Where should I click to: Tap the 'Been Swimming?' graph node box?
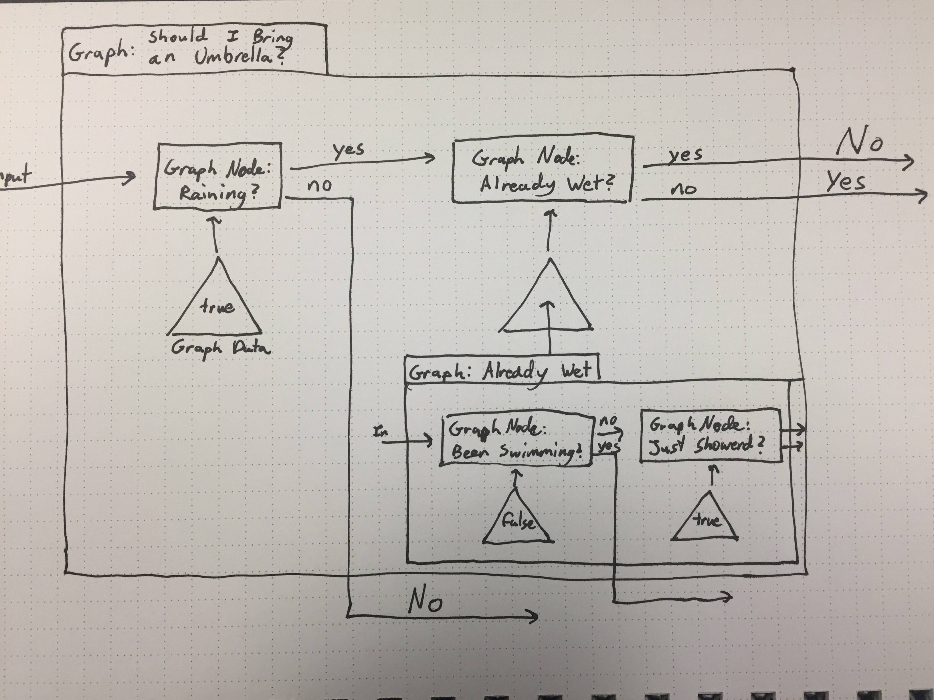pos(516,440)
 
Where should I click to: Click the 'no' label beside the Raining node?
pos(320,186)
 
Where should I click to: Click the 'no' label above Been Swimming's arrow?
pos(608,421)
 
